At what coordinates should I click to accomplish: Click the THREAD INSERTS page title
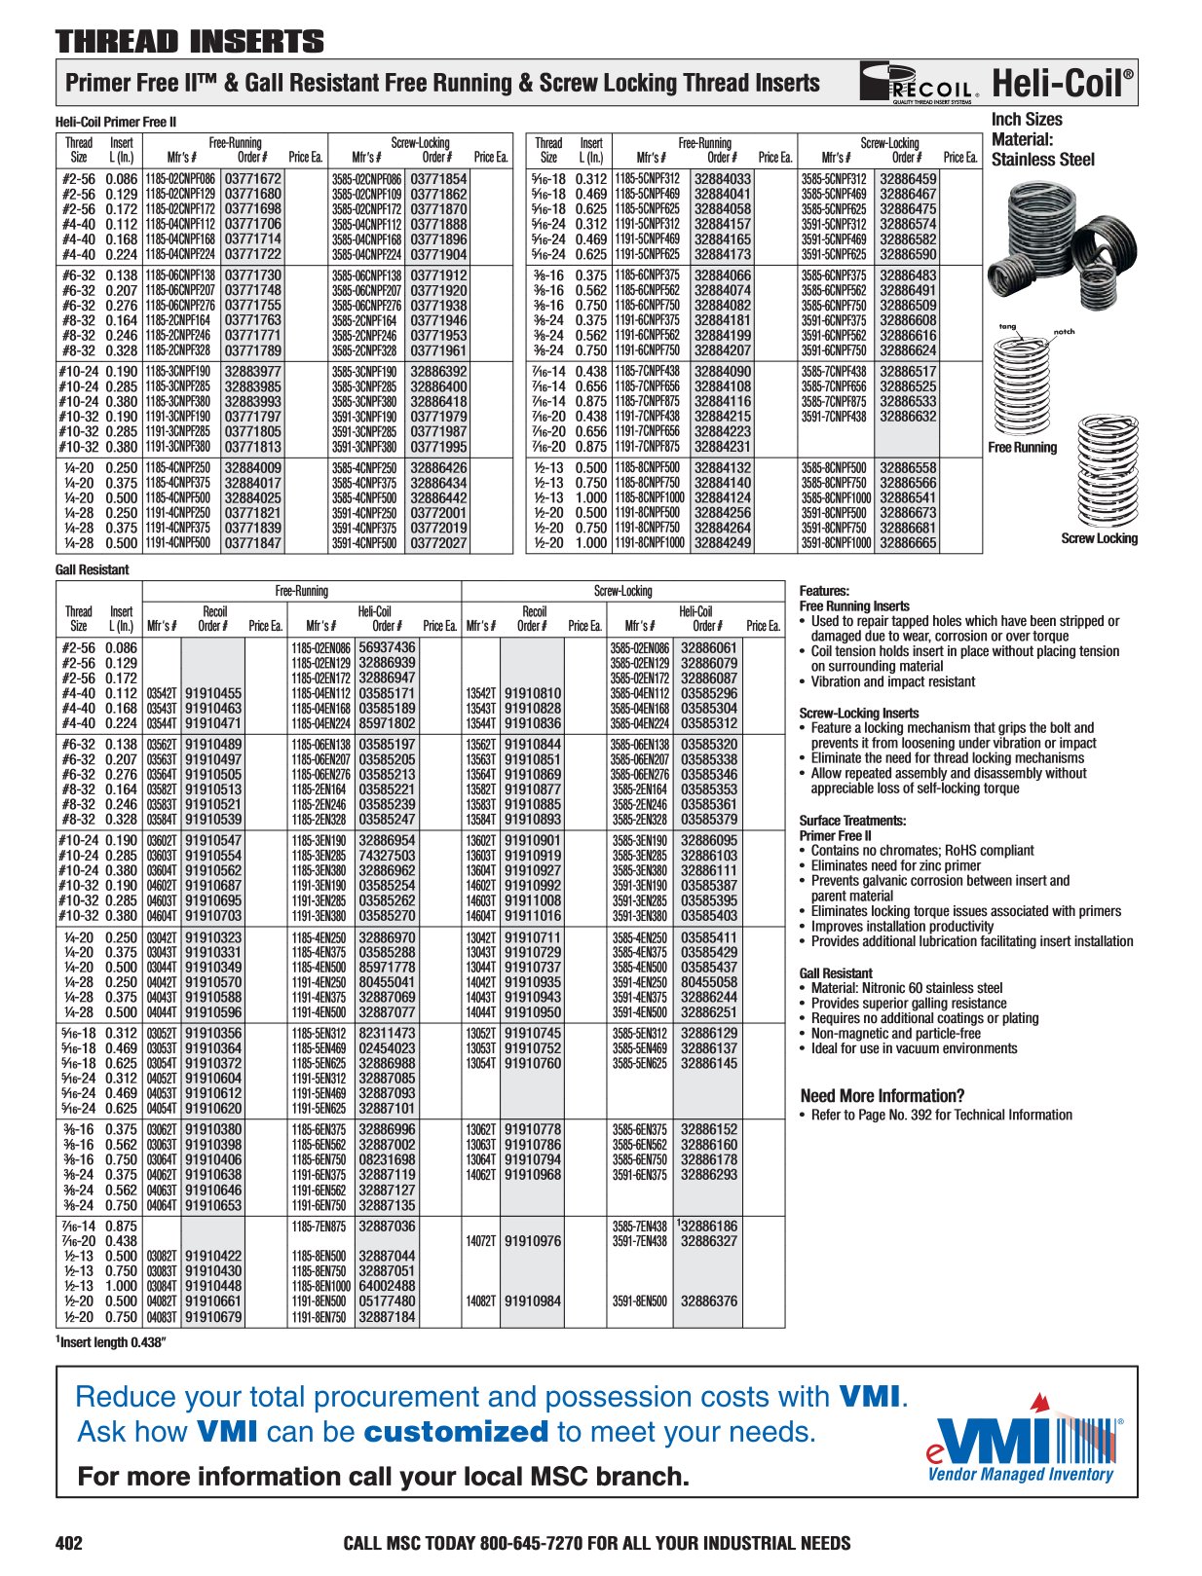190,42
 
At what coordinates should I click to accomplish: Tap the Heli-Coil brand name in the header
1063,84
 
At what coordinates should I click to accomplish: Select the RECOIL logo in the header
920,83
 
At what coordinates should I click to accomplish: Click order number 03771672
252,179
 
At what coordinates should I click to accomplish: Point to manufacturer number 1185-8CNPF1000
649,497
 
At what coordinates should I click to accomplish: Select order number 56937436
387,647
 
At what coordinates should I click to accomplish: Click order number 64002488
387,1286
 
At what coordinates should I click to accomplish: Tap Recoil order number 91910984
533,1301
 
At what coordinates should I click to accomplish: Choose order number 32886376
709,1301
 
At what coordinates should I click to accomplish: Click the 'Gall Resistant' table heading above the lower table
93,569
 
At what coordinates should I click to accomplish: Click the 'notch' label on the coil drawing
1064,332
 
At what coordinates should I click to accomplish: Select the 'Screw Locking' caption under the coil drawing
1099,538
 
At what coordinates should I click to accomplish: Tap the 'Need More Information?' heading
883,1095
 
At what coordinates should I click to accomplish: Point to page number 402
69,1543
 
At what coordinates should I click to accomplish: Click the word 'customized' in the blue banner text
456,1433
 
